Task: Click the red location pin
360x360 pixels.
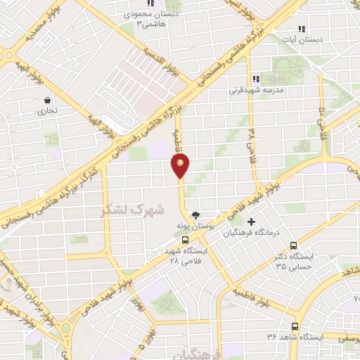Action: click(181, 165)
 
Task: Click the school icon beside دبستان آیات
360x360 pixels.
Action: click(302, 30)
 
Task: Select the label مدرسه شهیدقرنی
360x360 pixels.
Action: click(254, 91)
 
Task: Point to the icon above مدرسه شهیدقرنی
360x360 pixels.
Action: click(256, 79)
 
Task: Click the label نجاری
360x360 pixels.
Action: click(48, 111)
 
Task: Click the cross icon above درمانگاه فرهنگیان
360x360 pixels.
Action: click(251, 221)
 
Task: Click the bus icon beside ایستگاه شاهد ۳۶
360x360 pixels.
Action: click(294, 326)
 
